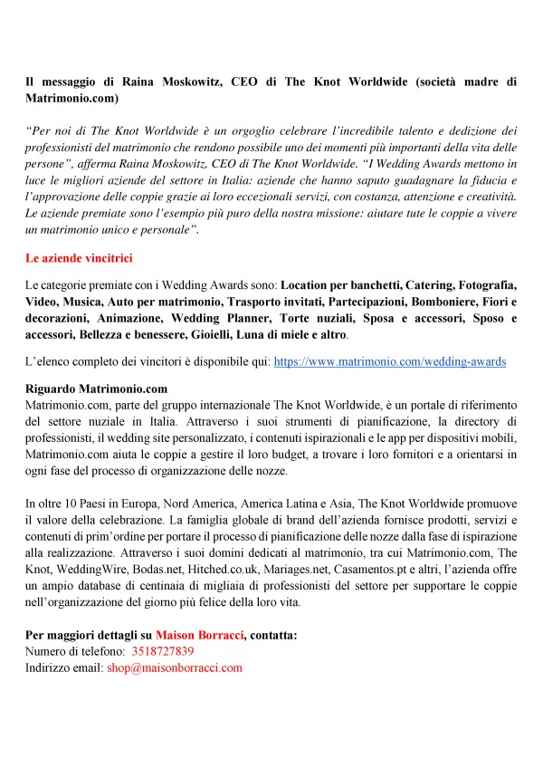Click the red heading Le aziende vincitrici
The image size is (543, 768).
(80, 259)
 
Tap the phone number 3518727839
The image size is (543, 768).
(162, 651)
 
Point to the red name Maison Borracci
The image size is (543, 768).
(200, 635)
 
